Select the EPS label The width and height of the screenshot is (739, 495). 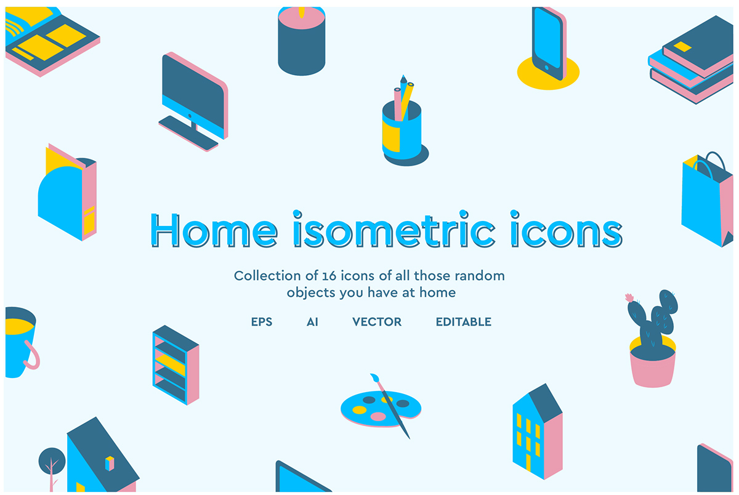(x=262, y=322)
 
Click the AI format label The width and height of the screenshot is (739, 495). (x=312, y=322)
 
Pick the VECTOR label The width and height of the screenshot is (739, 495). (x=377, y=322)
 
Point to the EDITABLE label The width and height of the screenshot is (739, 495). (x=463, y=322)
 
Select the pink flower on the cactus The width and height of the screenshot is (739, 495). (x=629, y=298)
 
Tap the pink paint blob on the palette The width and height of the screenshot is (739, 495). (x=378, y=417)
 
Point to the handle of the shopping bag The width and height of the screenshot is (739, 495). (x=714, y=162)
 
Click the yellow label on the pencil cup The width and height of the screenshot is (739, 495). (x=390, y=137)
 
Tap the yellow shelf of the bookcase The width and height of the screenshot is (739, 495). (x=171, y=363)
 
